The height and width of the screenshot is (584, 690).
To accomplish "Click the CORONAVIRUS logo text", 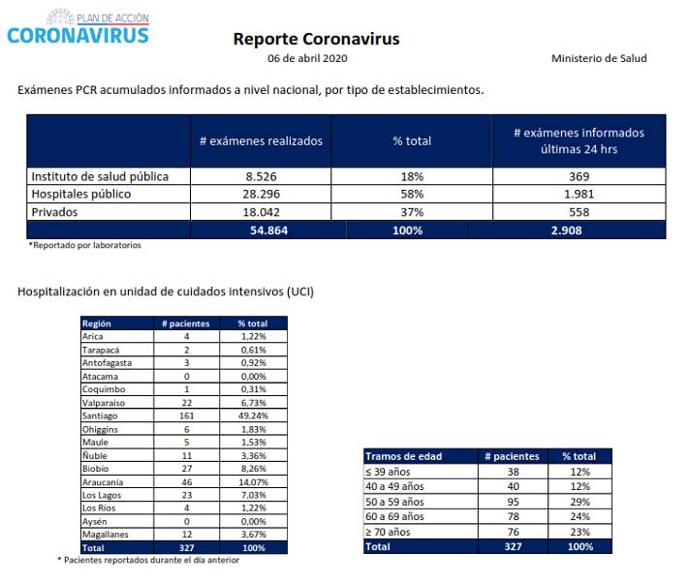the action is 78,36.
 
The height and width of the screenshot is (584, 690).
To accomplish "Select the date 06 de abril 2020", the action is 307,58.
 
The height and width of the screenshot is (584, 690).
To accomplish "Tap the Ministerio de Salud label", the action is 599,58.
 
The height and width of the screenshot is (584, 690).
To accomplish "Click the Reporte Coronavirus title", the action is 316,39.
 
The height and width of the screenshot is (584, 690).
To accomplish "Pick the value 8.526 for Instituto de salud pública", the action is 261,176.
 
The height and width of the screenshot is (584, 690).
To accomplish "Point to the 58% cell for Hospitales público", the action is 412,194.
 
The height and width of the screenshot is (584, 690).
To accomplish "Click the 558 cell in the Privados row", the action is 579,212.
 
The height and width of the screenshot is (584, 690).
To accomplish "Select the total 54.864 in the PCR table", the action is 268,230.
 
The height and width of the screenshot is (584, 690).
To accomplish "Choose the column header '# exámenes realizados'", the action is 261,141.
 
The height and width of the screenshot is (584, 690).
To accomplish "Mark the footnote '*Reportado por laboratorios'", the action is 85,245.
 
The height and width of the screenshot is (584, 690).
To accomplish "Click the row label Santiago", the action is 100,416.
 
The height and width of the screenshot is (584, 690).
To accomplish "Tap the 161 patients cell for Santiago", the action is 187,415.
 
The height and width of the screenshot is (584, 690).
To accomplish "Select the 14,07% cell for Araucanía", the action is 253,482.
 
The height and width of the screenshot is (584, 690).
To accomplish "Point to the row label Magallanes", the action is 106,535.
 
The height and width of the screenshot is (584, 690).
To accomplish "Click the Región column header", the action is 96,323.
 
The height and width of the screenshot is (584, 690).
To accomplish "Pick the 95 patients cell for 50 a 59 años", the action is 513,502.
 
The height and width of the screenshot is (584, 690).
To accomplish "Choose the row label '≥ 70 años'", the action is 388,532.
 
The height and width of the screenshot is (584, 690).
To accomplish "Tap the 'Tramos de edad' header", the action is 403,456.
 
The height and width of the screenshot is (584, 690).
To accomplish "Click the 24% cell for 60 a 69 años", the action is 580,516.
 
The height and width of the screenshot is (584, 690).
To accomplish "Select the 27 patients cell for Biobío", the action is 187,469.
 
